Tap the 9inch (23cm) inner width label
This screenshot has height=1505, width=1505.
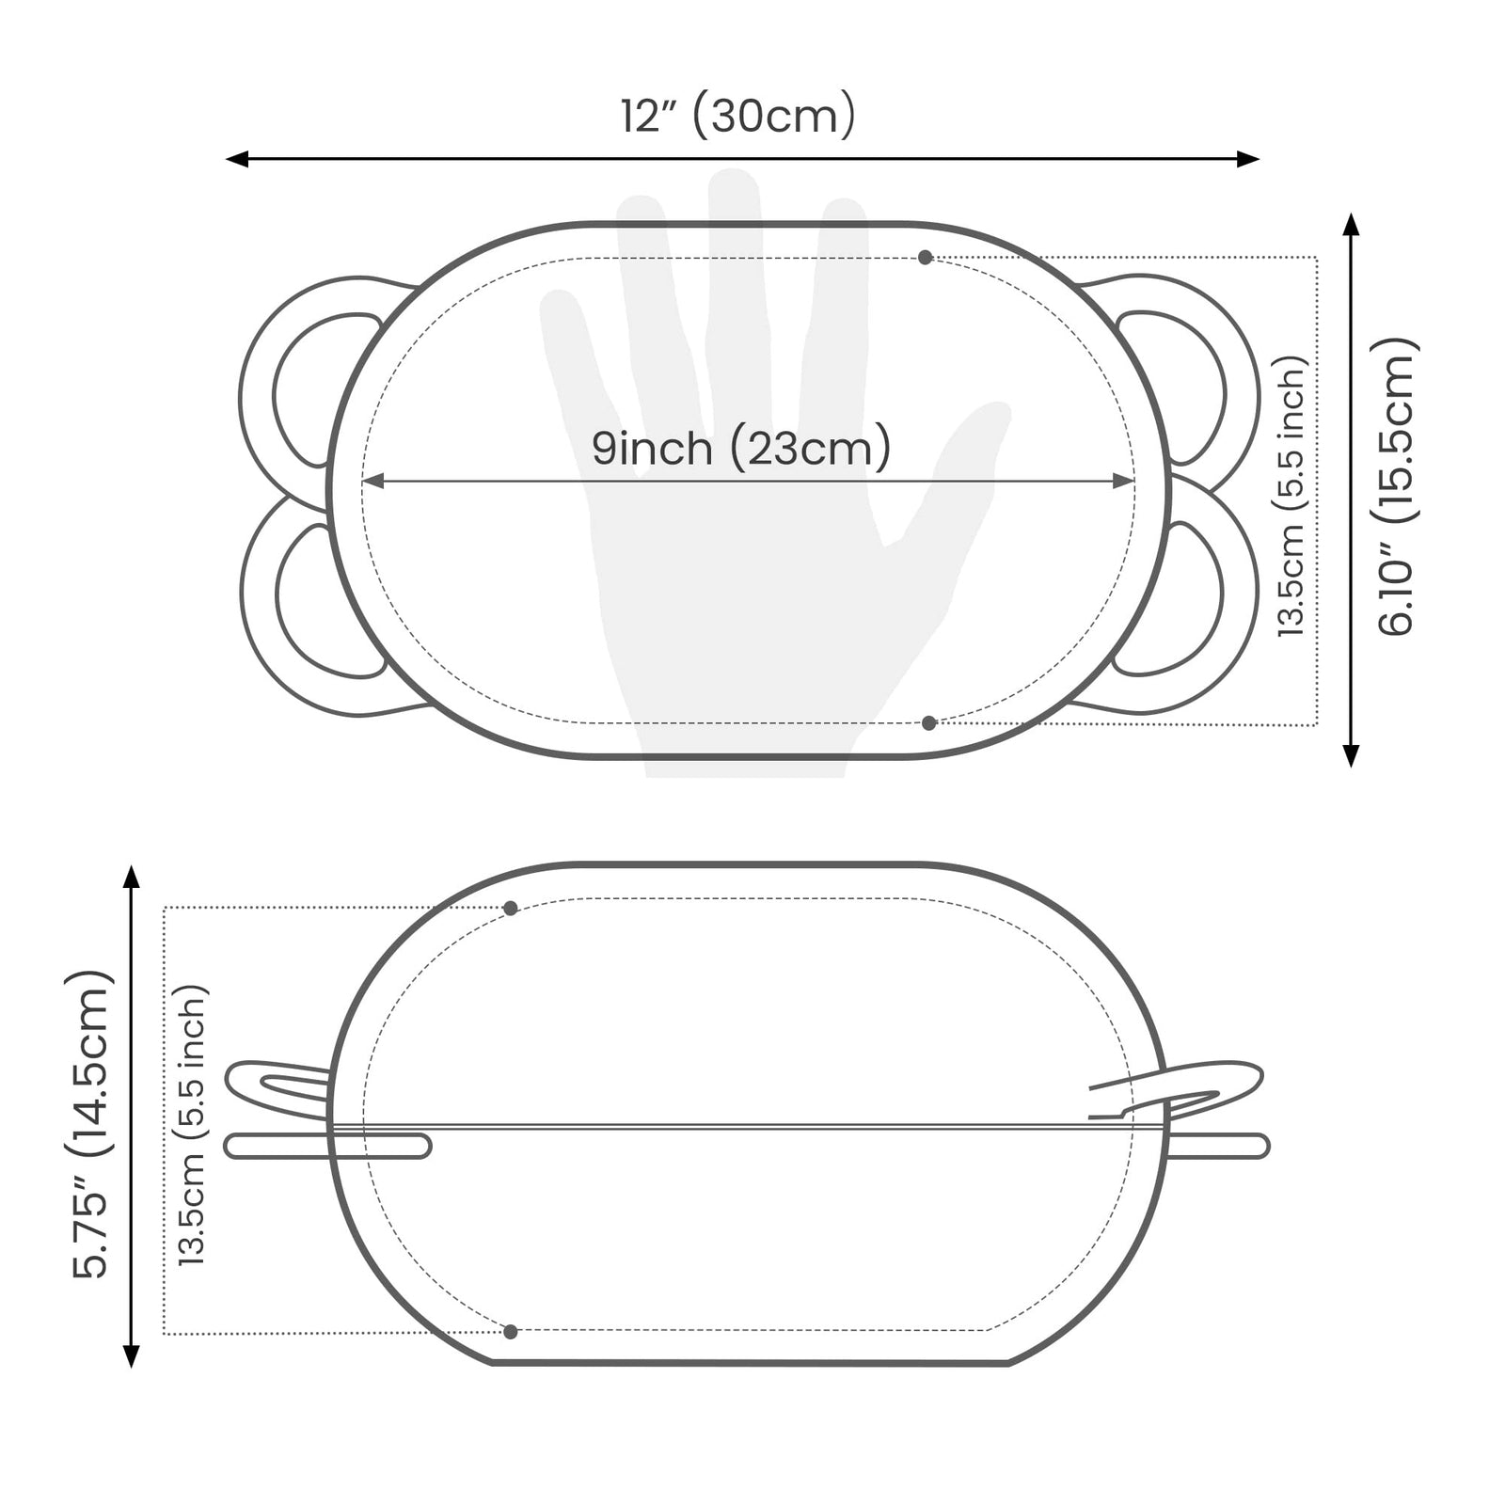(741, 448)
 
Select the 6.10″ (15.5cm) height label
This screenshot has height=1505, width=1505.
(1397, 486)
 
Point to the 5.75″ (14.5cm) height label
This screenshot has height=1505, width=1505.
(91, 1123)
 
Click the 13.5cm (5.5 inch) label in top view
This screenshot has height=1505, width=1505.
(1293, 497)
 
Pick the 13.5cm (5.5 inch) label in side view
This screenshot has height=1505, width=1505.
(190, 1124)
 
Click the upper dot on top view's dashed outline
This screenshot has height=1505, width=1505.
(926, 257)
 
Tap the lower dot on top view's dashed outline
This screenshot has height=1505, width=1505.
(929, 722)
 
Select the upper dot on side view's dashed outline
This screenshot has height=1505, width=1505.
(511, 908)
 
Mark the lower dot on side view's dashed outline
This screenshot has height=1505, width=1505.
(511, 1332)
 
